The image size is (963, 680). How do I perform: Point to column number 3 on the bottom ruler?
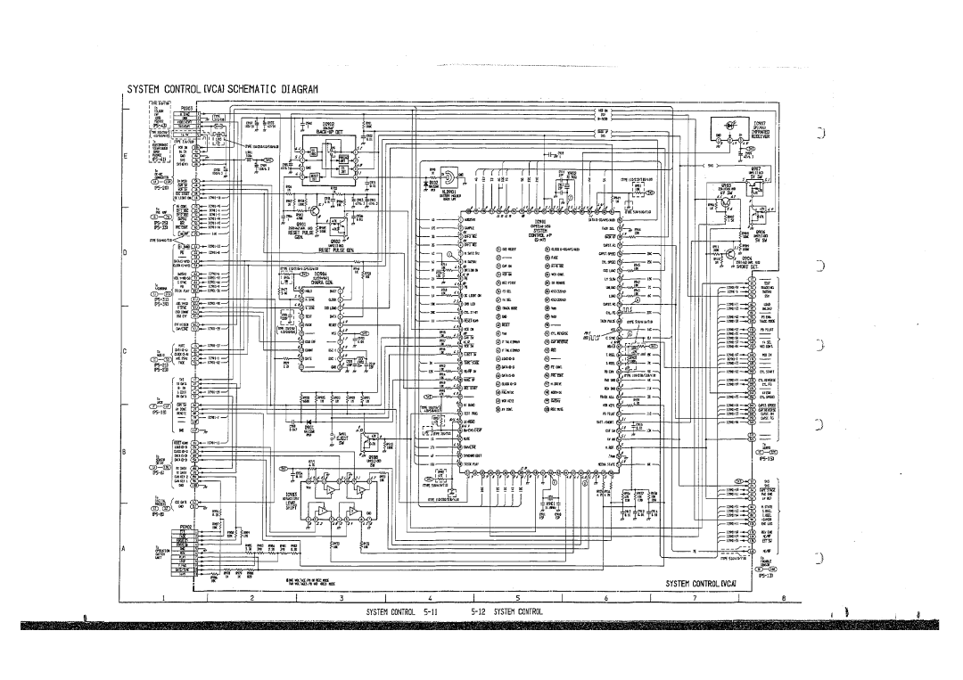(x=343, y=598)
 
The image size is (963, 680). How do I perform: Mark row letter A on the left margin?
(x=126, y=547)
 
